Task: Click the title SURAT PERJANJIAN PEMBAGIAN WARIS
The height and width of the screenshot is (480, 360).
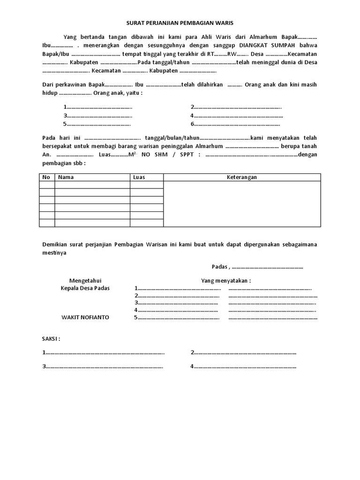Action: (x=180, y=22)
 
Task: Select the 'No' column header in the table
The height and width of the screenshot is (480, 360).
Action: (x=46, y=177)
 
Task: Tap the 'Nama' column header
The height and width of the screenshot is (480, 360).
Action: (x=66, y=177)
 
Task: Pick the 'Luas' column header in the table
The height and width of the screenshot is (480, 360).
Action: (x=139, y=177)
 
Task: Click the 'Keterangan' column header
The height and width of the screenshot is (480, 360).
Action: (x=241, y=177)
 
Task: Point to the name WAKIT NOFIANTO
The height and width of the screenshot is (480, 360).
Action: (x=85, y=317)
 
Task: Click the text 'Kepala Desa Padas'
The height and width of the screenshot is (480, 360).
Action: (x=85, y=288)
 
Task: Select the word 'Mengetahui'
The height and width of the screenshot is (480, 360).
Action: (x=85, y=280)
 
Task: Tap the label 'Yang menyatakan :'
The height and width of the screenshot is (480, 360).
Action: (x=226, y=280)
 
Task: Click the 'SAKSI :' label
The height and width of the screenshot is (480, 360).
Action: (x=52, y=338)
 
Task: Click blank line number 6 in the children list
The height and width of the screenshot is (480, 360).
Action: (x=236, y=124)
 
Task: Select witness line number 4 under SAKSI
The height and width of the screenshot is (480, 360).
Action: (x=244, y=367)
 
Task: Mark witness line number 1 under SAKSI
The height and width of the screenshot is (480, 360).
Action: (x=104, y=352)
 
